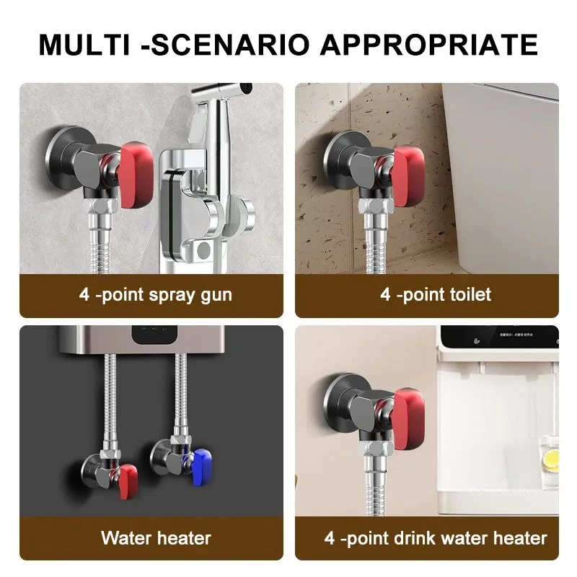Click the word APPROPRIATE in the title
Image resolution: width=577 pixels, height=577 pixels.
pos(429,44)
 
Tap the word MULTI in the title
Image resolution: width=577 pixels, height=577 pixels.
pos(84,44)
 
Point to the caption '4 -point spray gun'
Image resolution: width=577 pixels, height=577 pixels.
pos(156,294)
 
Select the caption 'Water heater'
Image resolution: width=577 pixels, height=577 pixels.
pos(156,537)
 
